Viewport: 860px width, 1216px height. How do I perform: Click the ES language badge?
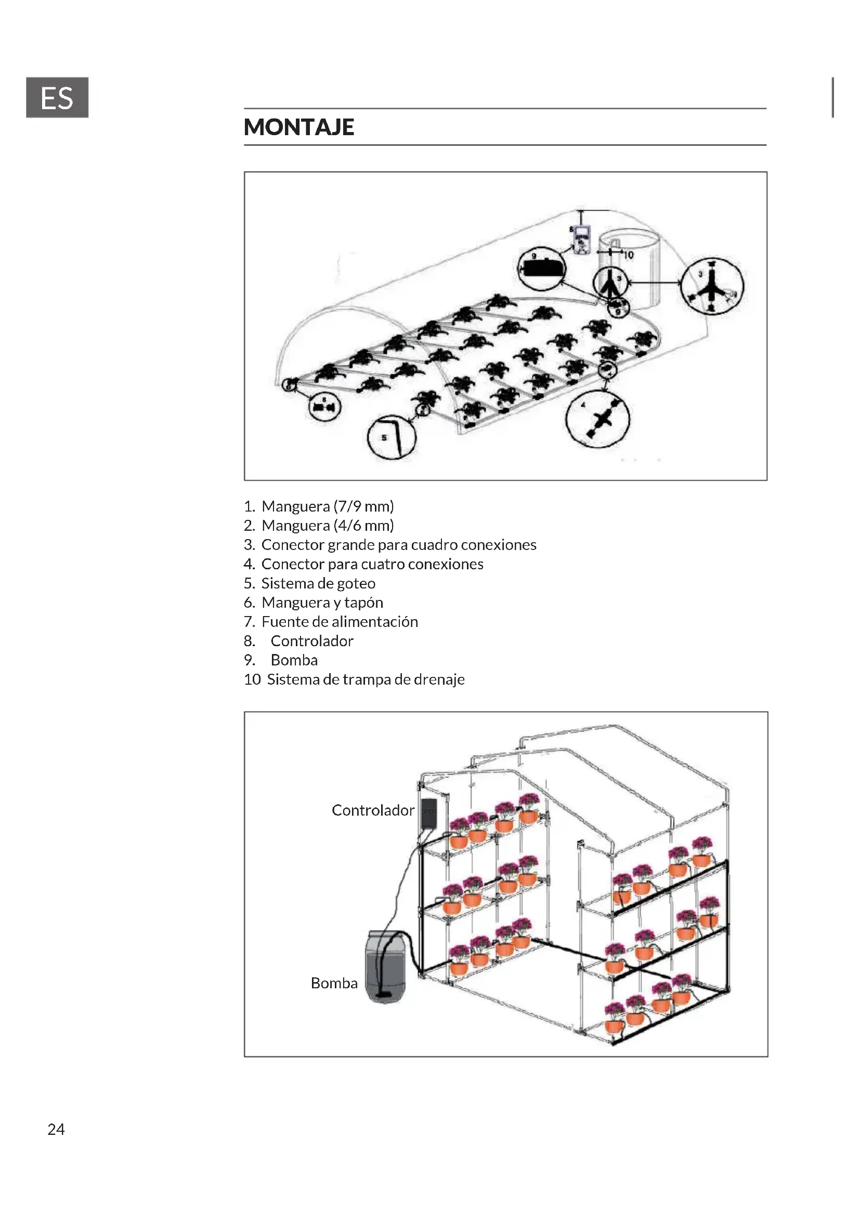(x=57, y=97)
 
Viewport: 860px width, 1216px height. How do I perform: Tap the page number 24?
(x=56, y=1129)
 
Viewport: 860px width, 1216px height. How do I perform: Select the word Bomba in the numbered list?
(x=294, y=660)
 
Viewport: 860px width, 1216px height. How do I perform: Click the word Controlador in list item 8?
(x=312, y=641)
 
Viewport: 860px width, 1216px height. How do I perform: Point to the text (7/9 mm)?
(x=364, y=507)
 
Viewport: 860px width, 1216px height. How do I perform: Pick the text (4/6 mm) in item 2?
(x=364, y=526)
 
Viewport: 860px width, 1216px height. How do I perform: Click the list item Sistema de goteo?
(x=318, y=584)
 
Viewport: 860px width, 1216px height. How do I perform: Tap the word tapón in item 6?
(x=364, y=603)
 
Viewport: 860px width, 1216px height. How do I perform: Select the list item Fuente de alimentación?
(x=340, y=622)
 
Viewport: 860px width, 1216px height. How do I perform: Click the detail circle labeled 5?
(x=392, y=437)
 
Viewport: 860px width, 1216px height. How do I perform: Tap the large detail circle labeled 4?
(x=597, y=420)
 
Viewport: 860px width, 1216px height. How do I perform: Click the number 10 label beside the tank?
(x=628, y=255)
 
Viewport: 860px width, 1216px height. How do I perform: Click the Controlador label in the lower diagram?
(x=373, y=810)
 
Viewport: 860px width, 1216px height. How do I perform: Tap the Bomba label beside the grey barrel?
(x=334, y=984)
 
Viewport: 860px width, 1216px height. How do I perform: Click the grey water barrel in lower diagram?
(x=386, y=967)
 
